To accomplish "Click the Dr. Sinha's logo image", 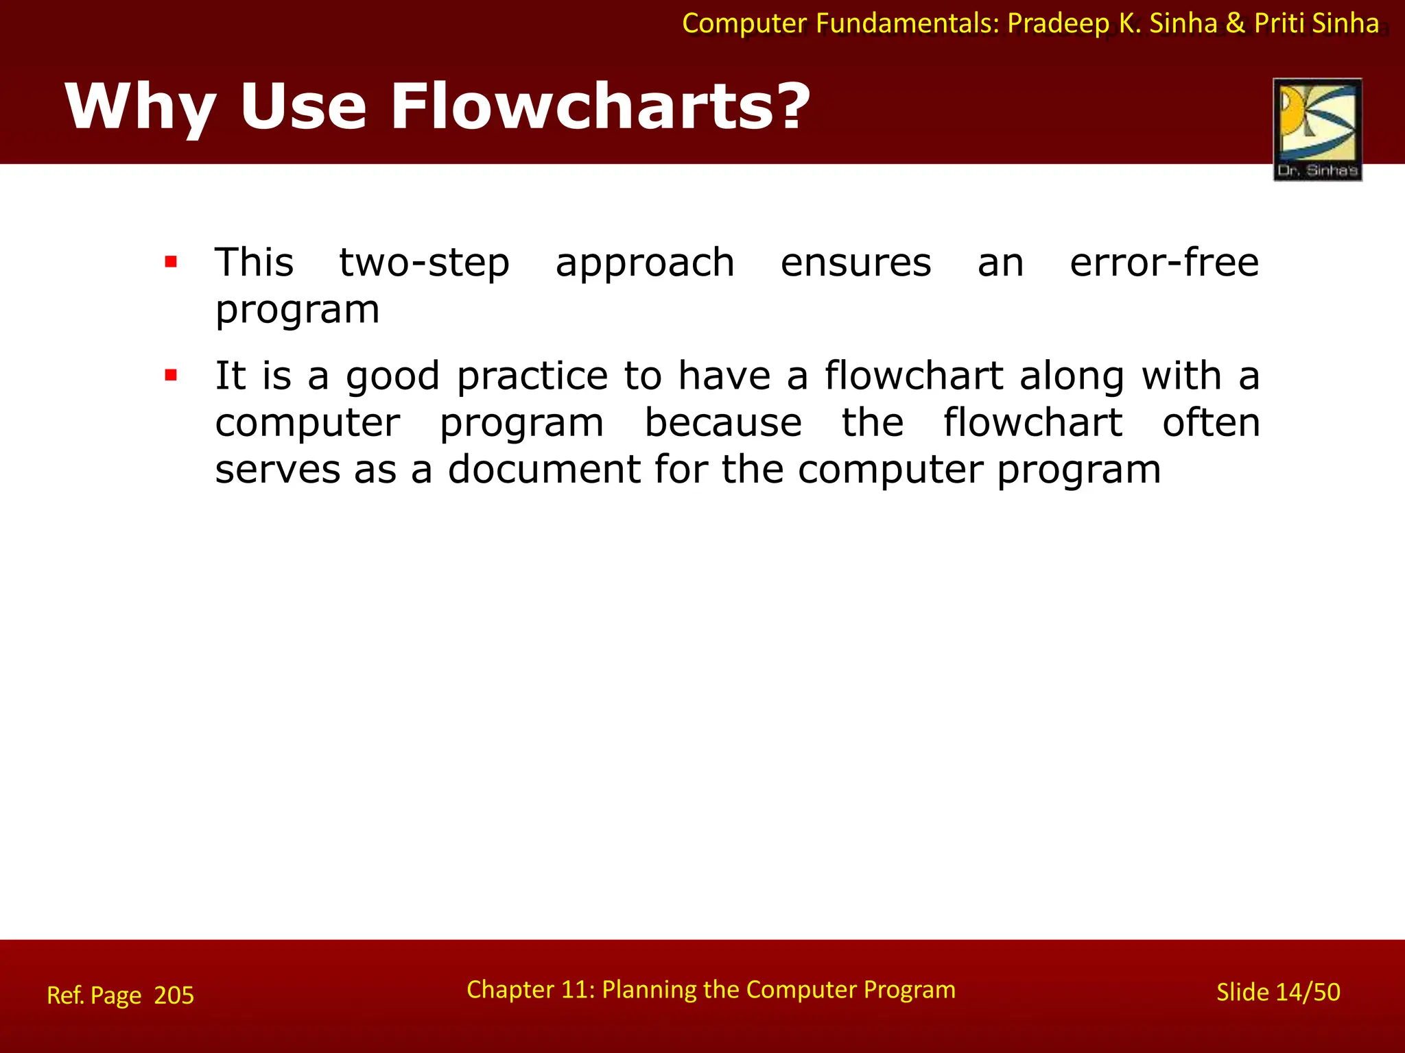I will tap(1317, 129).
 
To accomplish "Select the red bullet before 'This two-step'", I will tap(171, 262).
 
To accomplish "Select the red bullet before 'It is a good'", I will tap(171, 375).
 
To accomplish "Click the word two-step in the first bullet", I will tap(425, 263).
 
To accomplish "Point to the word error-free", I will tap(1164, 262).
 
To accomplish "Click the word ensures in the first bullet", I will tap(855, 263).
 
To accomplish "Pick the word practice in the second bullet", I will tap(532, 377).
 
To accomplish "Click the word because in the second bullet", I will tap(723, 422).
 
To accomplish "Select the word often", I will tap(1211, 422).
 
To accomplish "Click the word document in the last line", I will tap(544, 470).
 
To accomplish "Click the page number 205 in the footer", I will tap(174, 995).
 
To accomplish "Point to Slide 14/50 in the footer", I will tap(1278, 992).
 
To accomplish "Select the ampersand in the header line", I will tap(1235, 23).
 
